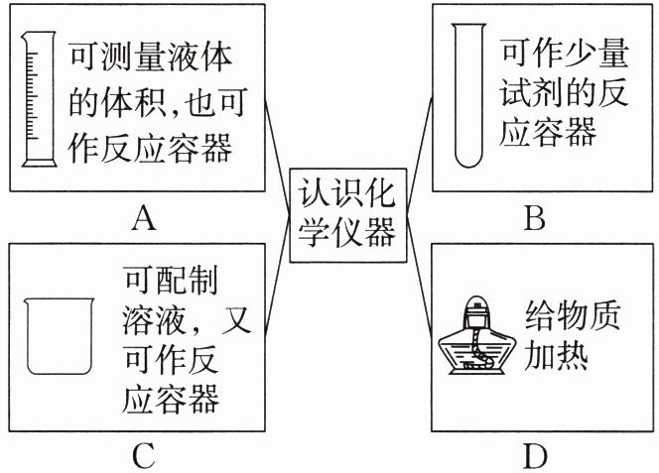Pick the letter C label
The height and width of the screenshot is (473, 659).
click(x=143, y=456)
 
